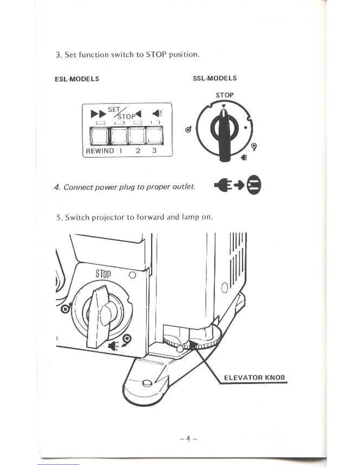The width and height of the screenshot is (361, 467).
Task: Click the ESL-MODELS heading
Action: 77,79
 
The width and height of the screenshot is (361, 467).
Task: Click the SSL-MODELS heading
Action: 215,78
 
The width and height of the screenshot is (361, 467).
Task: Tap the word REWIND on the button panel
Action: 100,151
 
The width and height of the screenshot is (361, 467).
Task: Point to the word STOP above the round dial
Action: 224,95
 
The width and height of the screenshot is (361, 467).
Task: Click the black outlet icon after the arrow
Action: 254,186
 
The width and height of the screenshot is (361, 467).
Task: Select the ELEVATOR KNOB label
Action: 255,378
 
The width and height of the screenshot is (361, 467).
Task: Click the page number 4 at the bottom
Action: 188,439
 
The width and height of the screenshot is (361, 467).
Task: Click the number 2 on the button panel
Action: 138,151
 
